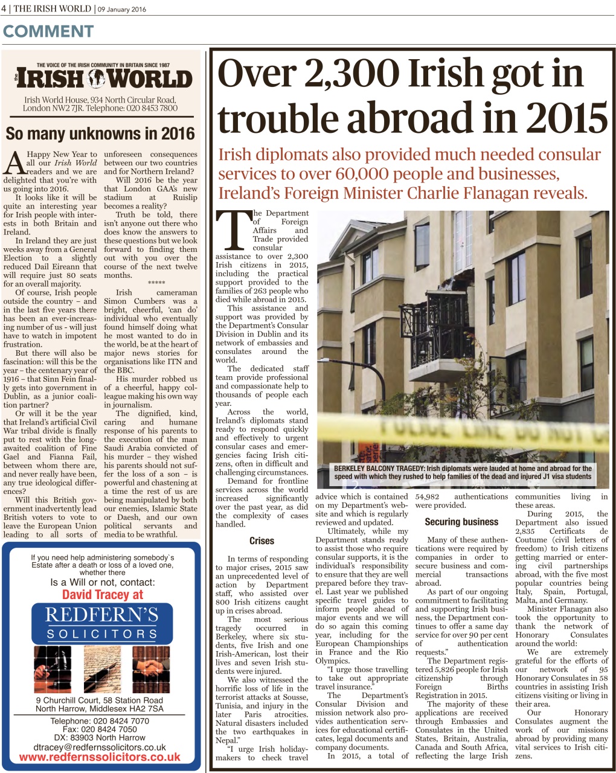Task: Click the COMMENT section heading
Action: click(x=48, y=31)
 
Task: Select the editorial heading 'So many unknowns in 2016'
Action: click(x=100, y=133)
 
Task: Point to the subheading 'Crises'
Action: click(x=261, y=540)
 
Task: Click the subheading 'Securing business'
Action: click(x=461, y=522)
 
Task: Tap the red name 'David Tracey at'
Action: click(x=103, y=594)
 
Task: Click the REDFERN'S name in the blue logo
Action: click(x=101, y=615)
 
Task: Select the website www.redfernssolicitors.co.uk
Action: click(x=100, y=757)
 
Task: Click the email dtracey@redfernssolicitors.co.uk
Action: click(x=100, y=747)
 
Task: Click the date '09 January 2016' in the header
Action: click(x=123, y=9)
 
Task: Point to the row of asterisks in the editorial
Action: click(x=156, y=283)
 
